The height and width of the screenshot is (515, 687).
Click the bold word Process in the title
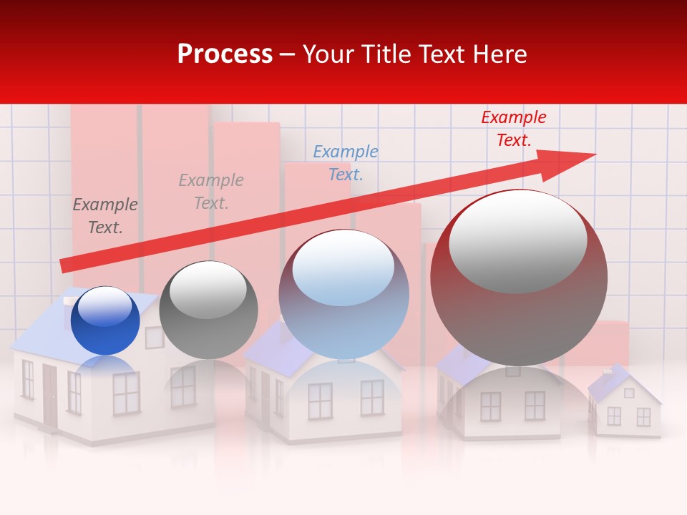225,54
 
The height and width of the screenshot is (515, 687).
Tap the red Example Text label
513,129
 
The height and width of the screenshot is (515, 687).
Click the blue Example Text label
346,162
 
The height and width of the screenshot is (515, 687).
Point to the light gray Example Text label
211,191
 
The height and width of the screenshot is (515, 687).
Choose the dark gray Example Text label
105,215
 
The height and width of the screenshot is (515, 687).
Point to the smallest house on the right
625,406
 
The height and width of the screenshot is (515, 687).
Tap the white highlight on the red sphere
517,241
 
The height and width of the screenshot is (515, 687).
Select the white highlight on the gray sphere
208,289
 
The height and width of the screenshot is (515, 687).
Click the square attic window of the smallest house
629,393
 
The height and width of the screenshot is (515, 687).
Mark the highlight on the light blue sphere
343,268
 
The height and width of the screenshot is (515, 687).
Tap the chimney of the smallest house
608,371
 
